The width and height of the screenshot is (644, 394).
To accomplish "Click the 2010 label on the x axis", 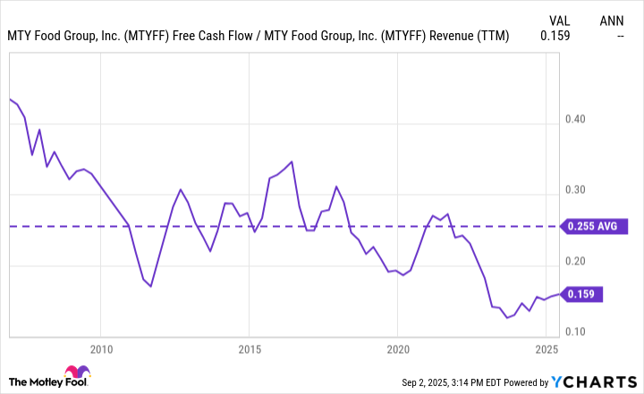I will point(100,348).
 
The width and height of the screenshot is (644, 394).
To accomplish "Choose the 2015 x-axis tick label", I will point(250,348).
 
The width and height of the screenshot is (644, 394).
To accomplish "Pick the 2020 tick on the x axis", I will point(398,348).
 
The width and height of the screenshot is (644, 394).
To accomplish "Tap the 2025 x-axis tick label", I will point(547,348).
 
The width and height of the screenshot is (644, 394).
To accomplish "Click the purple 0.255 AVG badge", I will point(592,227).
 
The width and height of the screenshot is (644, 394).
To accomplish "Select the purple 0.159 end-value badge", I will point(586,293).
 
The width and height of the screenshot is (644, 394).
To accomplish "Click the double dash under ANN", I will point(621,37).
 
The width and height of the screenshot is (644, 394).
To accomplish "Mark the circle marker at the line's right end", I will point(561,293).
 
